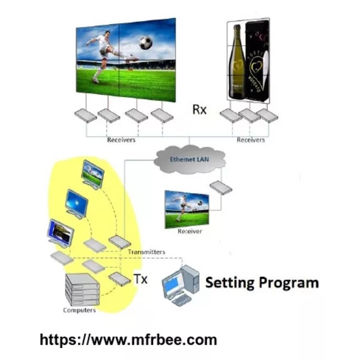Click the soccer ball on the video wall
click(146, 43)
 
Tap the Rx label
click(199, 109)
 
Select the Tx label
click(140, 279)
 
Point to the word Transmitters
click(146, 252)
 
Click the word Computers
click(79, 310)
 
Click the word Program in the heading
click(289, 283)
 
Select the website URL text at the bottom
click(128, 340)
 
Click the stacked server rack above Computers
click(83, 289)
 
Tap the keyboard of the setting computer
click(181, 300)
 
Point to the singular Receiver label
click(190, 232)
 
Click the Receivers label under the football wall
click(121, 140)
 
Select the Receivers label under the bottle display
click(251, 140)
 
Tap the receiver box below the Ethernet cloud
click(221, 188)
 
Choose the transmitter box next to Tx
click(119, 279)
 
